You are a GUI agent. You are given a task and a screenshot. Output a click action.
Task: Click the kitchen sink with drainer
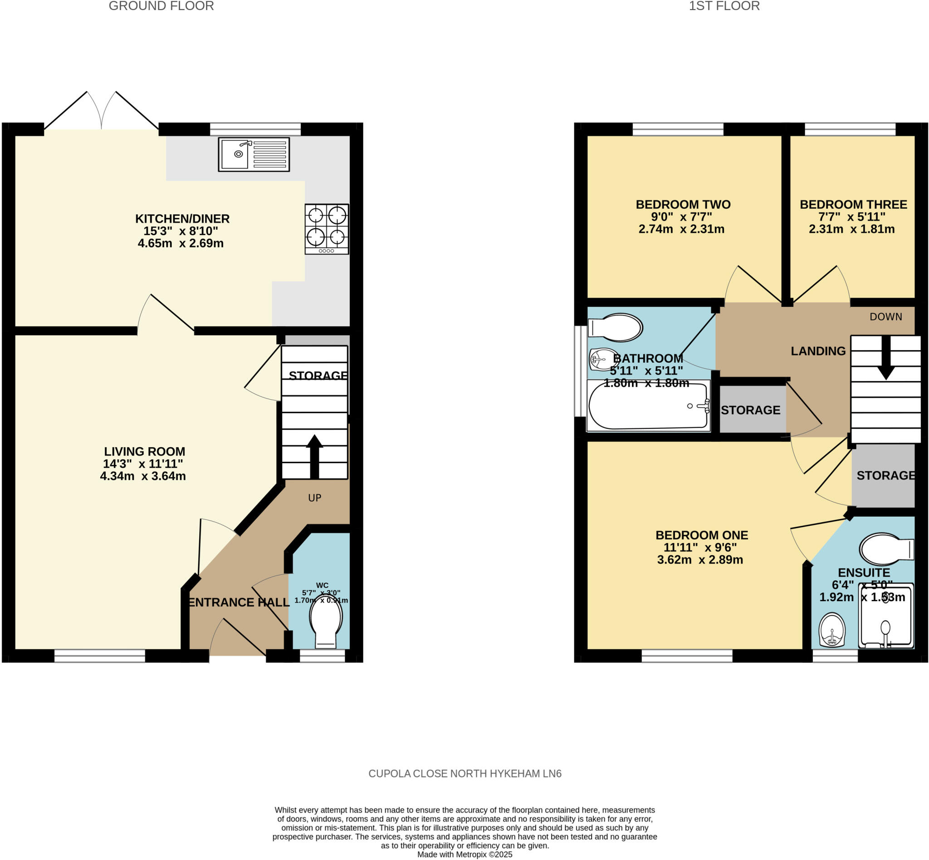click(x=254, y=154)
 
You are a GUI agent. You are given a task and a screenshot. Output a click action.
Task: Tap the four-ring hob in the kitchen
click(x=327, y=228)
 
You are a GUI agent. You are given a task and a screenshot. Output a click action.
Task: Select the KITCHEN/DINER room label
click(x=182, y=218)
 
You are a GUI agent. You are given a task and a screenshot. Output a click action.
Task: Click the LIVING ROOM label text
click(x=144, y=451)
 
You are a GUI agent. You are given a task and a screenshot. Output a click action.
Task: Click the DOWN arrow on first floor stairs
click(x=886, y=358)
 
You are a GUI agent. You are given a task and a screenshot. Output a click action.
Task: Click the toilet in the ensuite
click(x=886, y=549)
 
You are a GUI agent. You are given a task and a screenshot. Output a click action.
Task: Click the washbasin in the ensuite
click(x=831, y=630)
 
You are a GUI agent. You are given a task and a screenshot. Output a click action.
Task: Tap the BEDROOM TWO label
click(x=683, y=204)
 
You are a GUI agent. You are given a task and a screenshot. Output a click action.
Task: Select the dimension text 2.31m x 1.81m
click(x=851, y=229)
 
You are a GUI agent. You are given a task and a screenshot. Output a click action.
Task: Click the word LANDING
click(x=818, y=351)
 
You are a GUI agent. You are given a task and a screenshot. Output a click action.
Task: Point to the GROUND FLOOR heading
click(x=161, y=6)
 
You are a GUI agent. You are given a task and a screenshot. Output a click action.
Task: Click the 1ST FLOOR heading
click(x=724, y=6)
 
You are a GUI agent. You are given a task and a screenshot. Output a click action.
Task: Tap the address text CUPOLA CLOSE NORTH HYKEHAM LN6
click(x=464, y=773)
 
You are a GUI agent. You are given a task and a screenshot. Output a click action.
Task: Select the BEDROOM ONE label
click(x=702, y=535)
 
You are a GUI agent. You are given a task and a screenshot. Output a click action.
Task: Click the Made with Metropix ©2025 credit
click(x=464, y=855)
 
